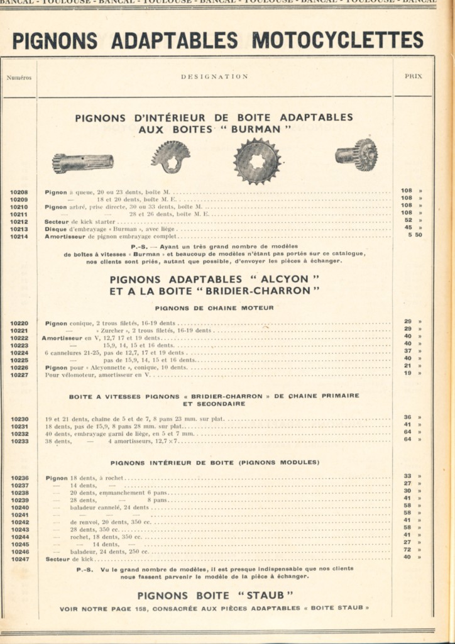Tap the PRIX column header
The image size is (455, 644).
[x=413, y=76]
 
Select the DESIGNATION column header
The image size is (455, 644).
[x=214, y=77]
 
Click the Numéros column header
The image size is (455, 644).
[x=19, y=78]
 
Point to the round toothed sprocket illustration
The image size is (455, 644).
[x=256, y=161]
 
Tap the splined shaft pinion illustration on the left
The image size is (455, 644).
[x=83, y=163]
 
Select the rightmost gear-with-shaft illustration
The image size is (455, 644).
[x=357, y=155]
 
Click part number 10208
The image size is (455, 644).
[x=19, y=192]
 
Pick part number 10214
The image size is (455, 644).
[x=19, y=236]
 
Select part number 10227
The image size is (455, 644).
[x=19, y=374]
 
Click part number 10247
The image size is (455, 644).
[x=19, y=558]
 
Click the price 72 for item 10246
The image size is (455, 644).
[x=407, y=550]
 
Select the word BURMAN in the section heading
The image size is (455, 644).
[x=262, y=129]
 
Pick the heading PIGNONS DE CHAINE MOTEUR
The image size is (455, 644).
[x=214, y=308]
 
